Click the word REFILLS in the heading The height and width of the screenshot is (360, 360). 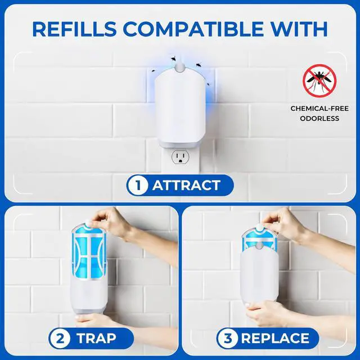pyautogui.click(x=74, y=29)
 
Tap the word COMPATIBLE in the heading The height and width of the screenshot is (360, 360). pyautogui.click(x=193, y=29)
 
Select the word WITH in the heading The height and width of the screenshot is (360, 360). pyautogui.click(x=299, y=29)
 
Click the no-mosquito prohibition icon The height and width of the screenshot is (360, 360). pyautogui.click(x=319, y=81)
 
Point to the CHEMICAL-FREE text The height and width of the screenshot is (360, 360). pyautogui.click(x=319, y=109)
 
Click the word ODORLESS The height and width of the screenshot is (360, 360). pyautogui.click(x=319, y=119)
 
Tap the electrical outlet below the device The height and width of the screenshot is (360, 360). pyautogui.click(x=180, y=157)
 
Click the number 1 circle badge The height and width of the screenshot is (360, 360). pyautogui.click(x=138, y=185)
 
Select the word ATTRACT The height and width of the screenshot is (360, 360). pyautogui.click(x=186, y=185)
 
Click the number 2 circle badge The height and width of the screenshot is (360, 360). pyautogui.click(x=60, y=339)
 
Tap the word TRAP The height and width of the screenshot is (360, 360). pyautogui.click(x=96, y=339)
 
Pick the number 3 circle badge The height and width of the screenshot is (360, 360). pyautogui.click(x=227, y=339)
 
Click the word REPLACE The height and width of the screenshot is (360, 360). pyautogui.click(x=275, y=339)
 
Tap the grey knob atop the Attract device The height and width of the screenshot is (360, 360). pyautogui.click(x=180, y=67)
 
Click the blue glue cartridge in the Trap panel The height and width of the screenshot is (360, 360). pyautogui.click(x=89, y=251)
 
